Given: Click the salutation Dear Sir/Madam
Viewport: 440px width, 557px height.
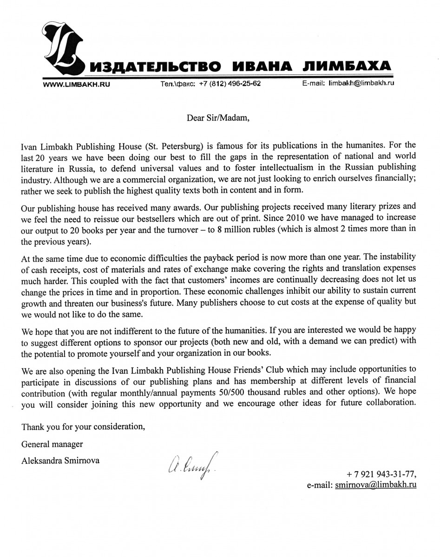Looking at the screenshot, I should tap(218, 117).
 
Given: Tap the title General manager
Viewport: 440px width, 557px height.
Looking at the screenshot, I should tap(53, 444).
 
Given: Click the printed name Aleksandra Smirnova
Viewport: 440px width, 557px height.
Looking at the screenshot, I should tap(60, 460).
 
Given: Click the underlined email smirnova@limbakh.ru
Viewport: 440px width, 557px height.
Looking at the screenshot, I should tap(375, 485).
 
